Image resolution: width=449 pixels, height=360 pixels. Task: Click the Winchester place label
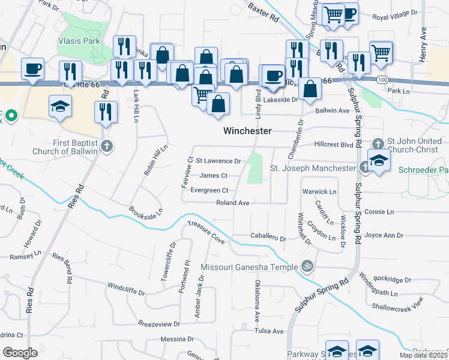point(247,131)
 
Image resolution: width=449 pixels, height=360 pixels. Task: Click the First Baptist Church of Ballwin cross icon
point(107,146)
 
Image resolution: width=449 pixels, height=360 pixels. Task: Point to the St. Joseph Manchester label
point(313,168)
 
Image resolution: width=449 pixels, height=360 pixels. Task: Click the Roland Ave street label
point(232,203)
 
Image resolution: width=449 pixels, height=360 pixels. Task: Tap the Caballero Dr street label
point(268,238)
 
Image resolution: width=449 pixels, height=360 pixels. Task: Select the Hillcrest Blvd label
point(334,145)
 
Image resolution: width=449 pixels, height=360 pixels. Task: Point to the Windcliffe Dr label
point(126,289)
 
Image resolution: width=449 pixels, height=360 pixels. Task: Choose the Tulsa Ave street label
point(268,331)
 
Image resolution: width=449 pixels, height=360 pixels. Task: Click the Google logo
point(20,353)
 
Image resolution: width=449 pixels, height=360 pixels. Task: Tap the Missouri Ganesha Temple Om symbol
point(307,265)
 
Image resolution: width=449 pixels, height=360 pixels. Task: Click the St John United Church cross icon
point(378,143)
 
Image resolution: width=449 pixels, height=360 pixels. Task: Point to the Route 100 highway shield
point(382,79)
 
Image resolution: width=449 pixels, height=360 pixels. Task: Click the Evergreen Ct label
point(209,190)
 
